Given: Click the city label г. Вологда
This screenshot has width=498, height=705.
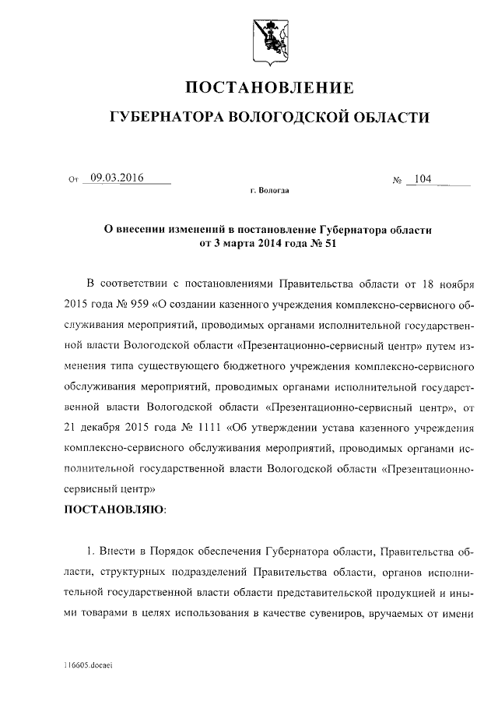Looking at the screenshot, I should coord(269,190).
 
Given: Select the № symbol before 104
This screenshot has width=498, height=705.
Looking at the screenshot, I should coord(397,181).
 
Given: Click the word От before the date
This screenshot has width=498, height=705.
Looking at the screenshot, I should coord(75,181).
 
